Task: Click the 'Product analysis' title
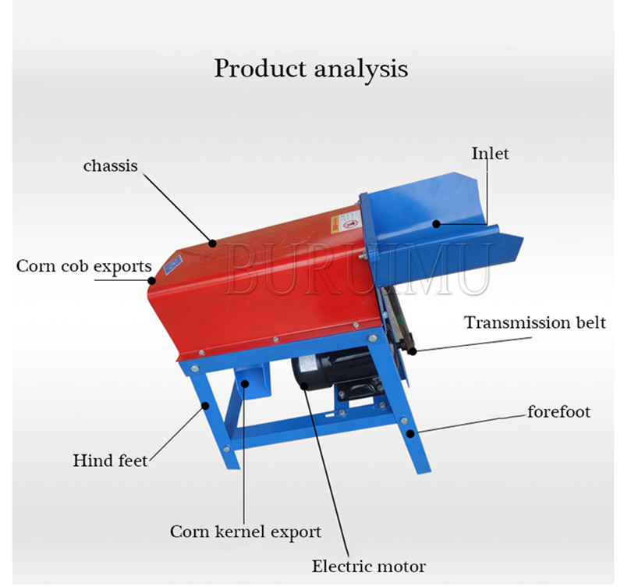point(311,69)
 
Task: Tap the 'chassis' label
point(111,165)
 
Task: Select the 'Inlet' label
point(490,153)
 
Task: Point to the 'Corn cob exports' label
point(84,266)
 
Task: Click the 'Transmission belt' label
point(535,322)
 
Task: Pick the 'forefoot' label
point(558,411)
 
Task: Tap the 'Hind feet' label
point(111,461)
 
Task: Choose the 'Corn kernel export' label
point(246,532)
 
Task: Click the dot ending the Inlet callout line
point(437,224)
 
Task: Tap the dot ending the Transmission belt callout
point(411,351)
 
